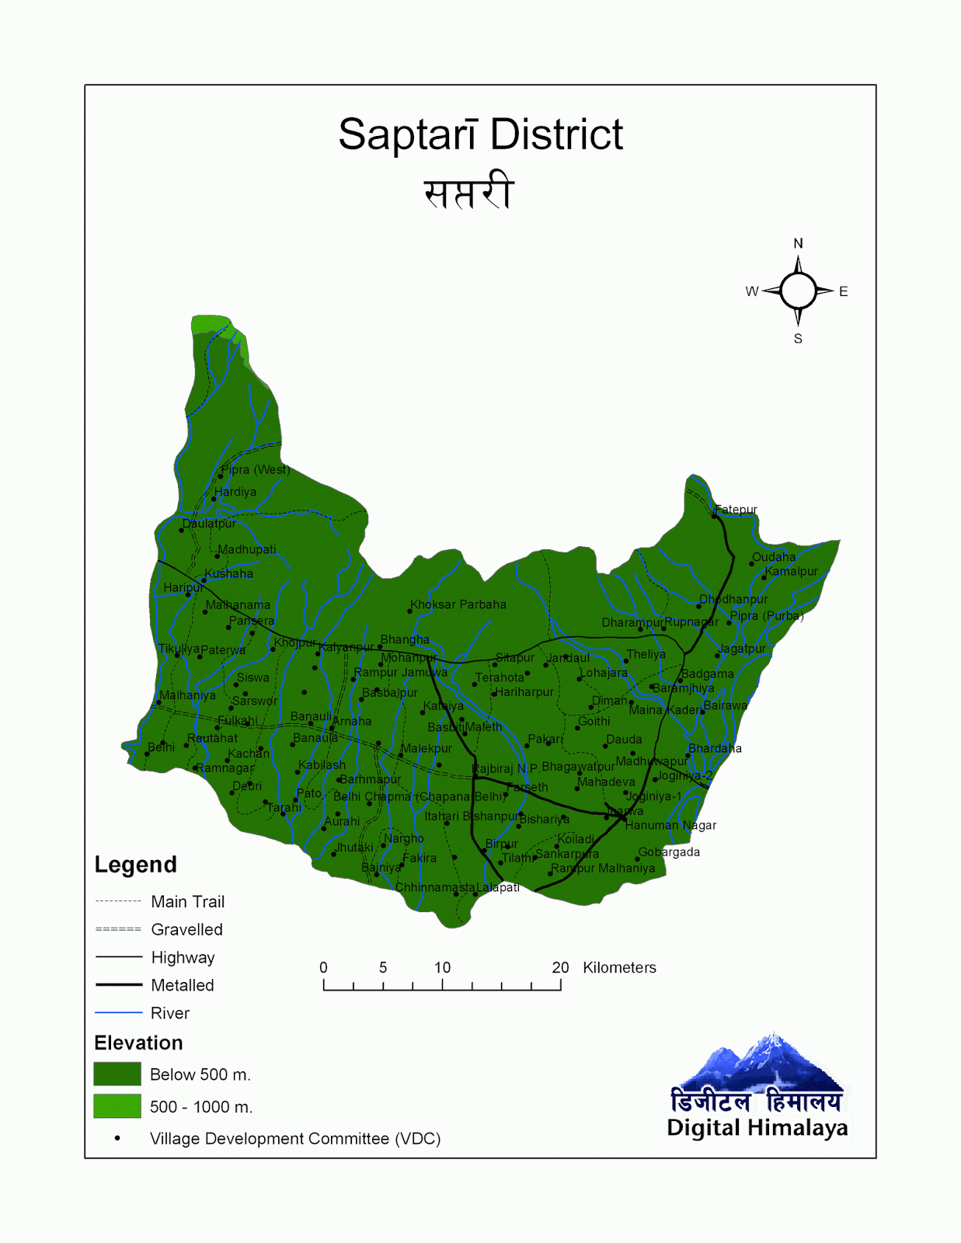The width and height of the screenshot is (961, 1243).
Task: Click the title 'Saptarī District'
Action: (x=480, y=134)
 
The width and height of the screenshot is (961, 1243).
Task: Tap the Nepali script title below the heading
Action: (x=468, y=192)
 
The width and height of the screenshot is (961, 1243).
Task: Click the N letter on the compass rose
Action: (x=798, y=243)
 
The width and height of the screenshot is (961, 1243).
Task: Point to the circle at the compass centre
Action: (x=798, y=291)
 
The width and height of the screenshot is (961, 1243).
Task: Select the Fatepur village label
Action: (x=736, y=510)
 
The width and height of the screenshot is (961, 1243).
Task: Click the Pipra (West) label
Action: (x=255, y=469)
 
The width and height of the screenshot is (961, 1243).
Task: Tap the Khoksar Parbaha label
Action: (x=458, y=604)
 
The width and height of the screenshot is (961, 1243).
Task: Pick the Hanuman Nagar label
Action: (x=670, y=825)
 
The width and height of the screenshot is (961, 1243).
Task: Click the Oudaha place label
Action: (x=773, y=557)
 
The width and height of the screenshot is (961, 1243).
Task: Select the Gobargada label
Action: (x=669, y=852)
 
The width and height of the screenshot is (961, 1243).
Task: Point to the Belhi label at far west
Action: (x=161, y=747)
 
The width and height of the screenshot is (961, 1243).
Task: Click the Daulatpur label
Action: (x=209, y=524)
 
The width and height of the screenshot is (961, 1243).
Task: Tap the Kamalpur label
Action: (x=791, y=571)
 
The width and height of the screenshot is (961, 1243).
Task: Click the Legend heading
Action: (x=135, y=865)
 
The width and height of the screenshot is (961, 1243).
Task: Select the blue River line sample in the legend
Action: (x=118, y=1013)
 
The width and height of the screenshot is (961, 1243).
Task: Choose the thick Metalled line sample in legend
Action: (x=118, y=985)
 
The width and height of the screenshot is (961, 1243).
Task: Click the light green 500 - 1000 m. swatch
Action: (x=117, y=1105)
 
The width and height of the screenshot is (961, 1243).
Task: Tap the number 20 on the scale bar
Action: (x=560, y=967)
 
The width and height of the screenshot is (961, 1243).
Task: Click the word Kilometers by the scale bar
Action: (x=619, y=967)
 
